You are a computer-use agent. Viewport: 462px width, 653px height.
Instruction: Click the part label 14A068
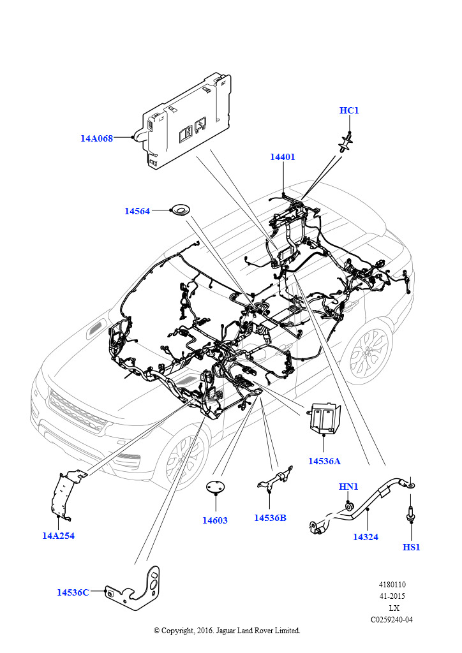click(96, 138)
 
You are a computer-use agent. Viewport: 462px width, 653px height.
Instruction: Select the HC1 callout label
click(349, 111)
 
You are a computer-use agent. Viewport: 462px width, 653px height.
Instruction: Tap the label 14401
click(282, 157)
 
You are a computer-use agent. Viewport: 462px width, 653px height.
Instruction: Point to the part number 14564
click(137, 211)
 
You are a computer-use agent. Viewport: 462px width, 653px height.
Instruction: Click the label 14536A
click(324, 460)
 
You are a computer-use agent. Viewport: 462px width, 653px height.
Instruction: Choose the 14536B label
click(270, 518)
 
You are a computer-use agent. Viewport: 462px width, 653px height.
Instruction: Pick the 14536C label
click(73, 592)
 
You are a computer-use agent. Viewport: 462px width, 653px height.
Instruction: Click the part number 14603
click(215, 520)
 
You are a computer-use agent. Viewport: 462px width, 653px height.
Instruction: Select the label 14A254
click(59, 536)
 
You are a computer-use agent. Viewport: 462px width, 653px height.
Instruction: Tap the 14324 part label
click(366, 537)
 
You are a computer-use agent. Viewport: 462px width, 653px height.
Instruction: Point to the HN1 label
click(348, 487)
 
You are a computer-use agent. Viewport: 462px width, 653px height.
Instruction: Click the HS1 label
click(412, 547)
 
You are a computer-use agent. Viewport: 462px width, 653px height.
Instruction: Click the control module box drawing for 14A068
click(185, 121)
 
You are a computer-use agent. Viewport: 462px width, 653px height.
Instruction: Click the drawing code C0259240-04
click(391, 619)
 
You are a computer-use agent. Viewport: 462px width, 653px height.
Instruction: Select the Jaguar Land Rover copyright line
click(227, 631)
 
